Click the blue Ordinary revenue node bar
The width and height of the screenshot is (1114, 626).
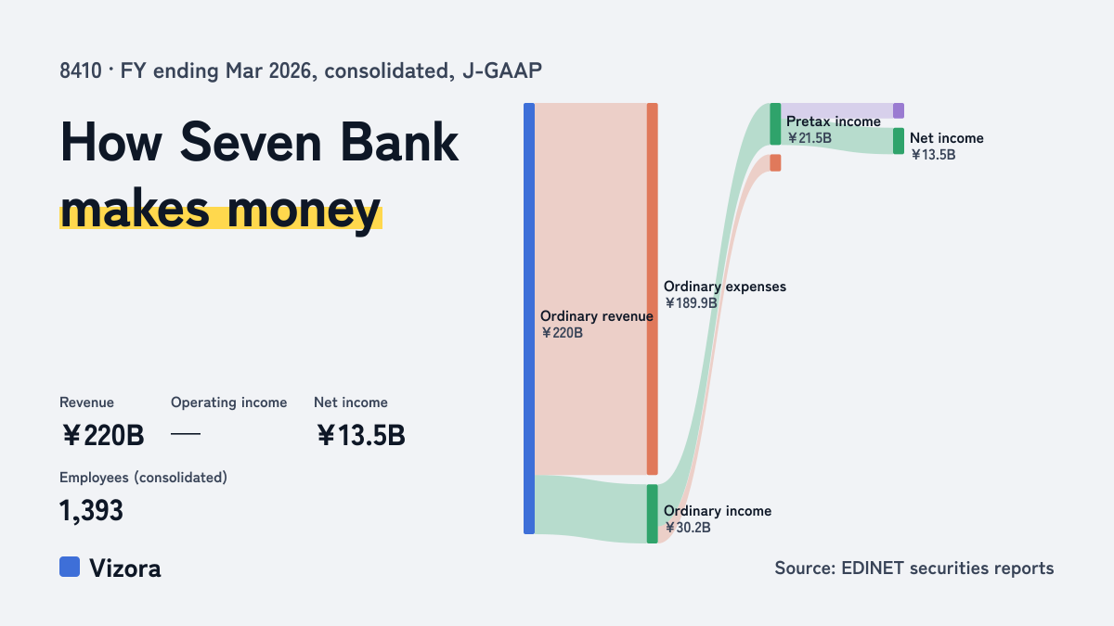point(529,318)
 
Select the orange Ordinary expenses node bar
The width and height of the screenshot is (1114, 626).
point(652,288)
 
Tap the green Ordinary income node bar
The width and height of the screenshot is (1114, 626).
point(652,514)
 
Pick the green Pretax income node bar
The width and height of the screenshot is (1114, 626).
point(775,124)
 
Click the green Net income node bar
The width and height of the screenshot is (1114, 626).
point(899,141)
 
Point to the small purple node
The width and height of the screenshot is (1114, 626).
point(899,110)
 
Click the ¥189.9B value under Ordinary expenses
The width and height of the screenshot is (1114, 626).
point(691,303)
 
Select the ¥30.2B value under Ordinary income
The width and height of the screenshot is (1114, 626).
point(688,528)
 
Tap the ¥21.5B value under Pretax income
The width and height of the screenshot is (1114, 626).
point(810,138)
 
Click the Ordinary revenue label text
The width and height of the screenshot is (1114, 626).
point(597,316)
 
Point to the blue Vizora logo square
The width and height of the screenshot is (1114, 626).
point(70,567)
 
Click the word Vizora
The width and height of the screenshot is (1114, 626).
point(125,569)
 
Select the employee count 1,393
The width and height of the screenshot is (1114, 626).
point(91,511)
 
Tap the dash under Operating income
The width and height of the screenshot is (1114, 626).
point(186,434)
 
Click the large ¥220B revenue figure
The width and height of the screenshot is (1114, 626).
point(102,435)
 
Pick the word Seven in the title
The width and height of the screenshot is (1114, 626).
point(251,143)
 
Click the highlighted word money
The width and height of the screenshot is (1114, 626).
point(304,211)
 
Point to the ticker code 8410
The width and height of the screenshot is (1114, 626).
point(81,71)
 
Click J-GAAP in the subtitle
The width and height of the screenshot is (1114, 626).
point(502,71)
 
